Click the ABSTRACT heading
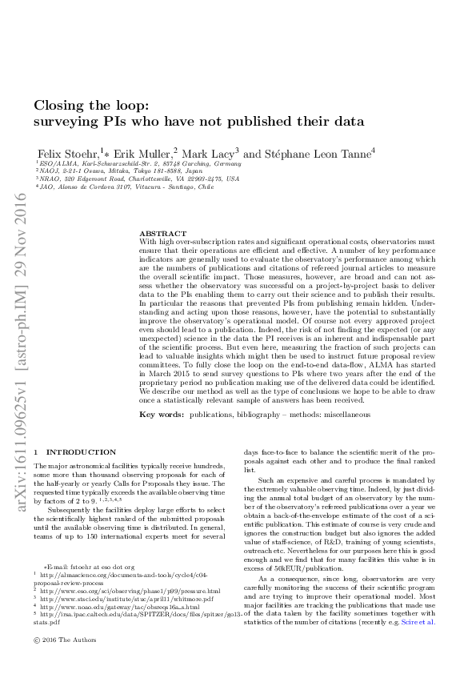tap(162, 233)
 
